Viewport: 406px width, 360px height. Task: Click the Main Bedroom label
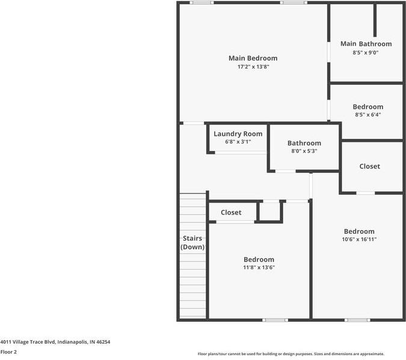[253, 58]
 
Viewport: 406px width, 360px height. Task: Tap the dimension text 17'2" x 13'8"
[253, 67]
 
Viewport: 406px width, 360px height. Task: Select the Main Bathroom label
[366, 44]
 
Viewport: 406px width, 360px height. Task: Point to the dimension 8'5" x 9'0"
[366, 53]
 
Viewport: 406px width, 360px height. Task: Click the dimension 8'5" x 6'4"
[368, 115]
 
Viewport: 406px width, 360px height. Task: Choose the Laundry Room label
[238, 134]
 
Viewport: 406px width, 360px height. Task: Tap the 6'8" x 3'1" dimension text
[238, 142]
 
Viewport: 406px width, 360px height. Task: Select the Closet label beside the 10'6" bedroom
[369, 166]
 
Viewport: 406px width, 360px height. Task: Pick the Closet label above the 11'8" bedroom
[231, 213]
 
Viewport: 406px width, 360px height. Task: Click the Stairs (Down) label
[192, 243]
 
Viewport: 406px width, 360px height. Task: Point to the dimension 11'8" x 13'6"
[259, 268]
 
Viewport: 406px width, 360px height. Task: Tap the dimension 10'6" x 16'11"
[359, 239]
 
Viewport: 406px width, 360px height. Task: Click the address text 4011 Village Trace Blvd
[55, 342]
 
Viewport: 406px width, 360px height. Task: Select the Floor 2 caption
[8, 352]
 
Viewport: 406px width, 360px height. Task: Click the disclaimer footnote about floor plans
[291, 354]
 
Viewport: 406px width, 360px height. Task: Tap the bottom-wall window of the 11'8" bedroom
[275, 320]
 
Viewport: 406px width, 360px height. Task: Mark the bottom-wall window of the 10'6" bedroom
[357, 320]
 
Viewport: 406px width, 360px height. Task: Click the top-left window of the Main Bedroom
[201, 3]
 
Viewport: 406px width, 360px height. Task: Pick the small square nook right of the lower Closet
[269, 212]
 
